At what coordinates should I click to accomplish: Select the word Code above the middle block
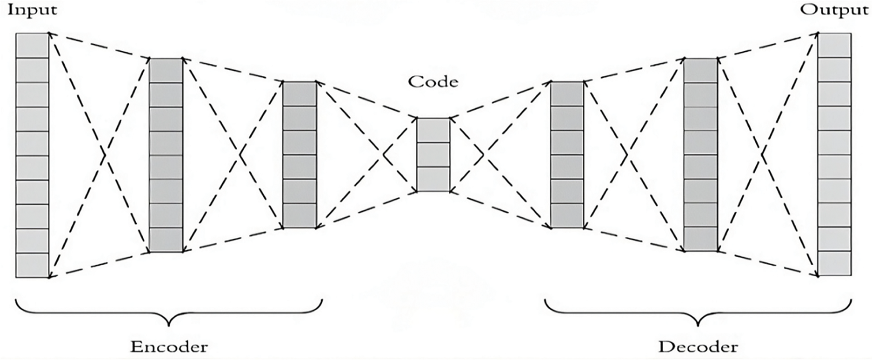[x=433, y=82]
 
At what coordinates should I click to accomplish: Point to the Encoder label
[x=169, y=347]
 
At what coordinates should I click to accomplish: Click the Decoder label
[x=698, y=347]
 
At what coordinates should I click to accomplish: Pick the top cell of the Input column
[x=33, y=45]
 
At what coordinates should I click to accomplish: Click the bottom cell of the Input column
[x=33, y=266]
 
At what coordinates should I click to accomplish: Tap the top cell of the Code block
[x=433, y=130]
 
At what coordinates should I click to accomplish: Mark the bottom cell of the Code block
[x=433, y=179]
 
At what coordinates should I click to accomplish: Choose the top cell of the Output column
[x=835, y=45]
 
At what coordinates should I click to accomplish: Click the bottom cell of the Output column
[x=835, y=264]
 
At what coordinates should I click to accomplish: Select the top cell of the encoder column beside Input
[x=166, y=71]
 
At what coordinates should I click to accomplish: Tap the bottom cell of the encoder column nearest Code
[x=300, y=216]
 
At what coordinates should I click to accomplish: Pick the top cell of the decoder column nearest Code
[x=567, y=94]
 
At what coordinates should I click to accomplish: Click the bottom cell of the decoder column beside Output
[x=700, y=239]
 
